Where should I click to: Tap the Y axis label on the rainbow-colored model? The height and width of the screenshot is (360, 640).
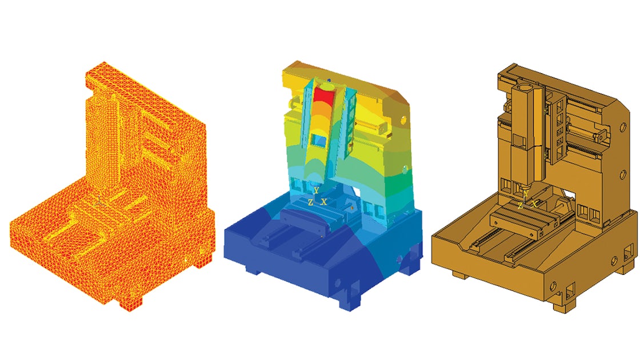point(316,190)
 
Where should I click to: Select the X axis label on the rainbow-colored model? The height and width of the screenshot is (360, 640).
point(324,202)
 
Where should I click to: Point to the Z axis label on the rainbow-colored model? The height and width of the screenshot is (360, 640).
point(310,202)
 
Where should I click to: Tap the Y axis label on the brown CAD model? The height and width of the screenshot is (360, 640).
point(526,194)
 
